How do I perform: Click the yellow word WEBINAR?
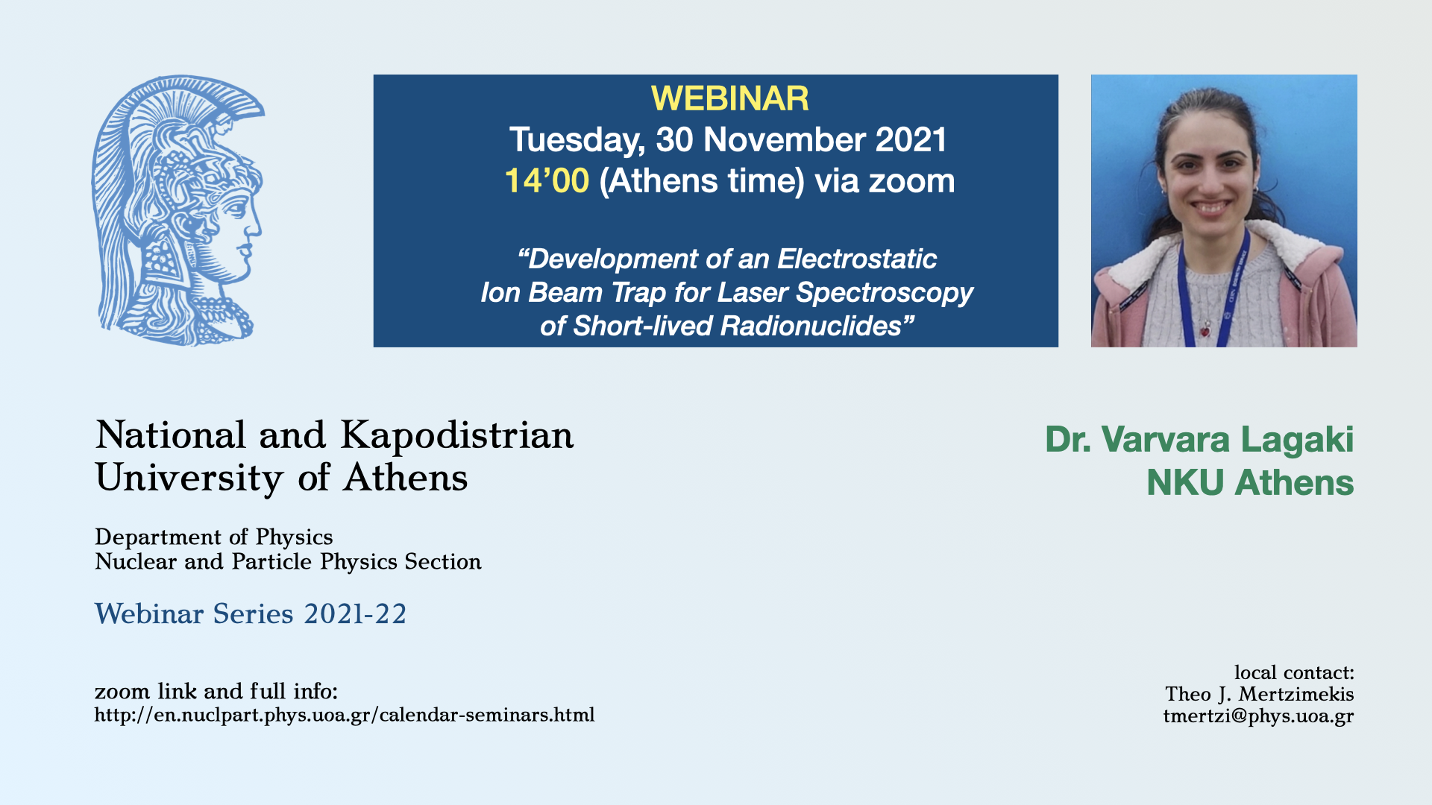pos(729,98)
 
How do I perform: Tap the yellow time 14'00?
pos(547,180)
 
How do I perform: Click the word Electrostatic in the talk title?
pos(857,259)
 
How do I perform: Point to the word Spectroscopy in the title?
pos(885,293)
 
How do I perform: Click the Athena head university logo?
pos(178,210)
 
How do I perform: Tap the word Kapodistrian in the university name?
pos(457,435)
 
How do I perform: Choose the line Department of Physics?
pos(214,537)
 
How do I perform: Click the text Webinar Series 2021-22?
pos(251,613)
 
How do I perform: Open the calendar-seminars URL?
pos(345,715)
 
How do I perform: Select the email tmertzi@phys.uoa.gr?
pos(1258,716)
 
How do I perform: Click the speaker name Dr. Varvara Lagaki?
pos(1199,439)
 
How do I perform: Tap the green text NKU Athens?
pos(1250,482)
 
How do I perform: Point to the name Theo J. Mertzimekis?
pos(1260,694)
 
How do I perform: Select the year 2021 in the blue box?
pos(911,139)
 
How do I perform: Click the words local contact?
pos(1294,672)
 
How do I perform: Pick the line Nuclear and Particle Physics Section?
pos(288,561)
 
